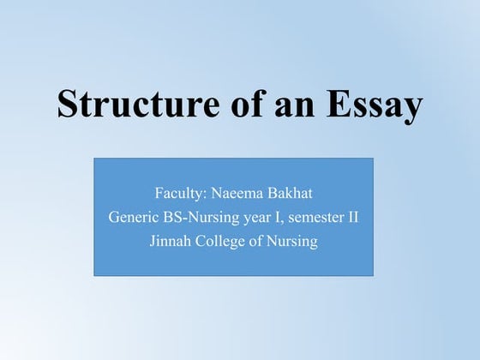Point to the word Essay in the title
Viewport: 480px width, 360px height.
click(369, 104)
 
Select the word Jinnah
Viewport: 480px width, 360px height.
click(172, 242)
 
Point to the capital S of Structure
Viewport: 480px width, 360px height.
click(67, 104)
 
